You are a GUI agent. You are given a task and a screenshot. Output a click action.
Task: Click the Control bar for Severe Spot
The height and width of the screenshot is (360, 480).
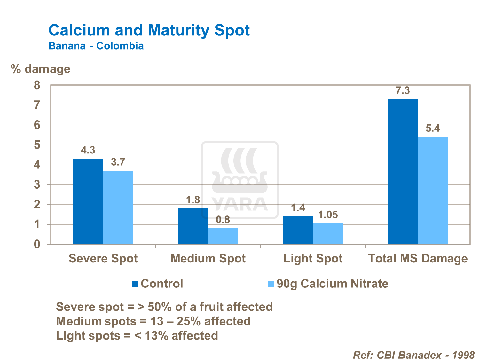point(88,201)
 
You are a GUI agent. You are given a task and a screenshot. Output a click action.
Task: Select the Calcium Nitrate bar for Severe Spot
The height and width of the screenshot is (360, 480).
point(118,207)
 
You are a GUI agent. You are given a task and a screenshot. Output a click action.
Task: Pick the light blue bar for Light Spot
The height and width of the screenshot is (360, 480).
point(328,234)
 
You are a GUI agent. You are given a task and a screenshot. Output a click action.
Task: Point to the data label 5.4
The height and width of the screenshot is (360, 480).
point(433,129)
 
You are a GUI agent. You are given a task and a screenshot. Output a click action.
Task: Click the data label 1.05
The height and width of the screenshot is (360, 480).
point(328,215)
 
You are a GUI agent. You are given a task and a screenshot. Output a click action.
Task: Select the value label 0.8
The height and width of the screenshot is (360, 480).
point(223,220)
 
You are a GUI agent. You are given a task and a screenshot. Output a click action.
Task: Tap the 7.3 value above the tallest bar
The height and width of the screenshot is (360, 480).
point(403,91)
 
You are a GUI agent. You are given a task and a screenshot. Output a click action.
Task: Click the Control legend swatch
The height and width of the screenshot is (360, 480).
point(135,284)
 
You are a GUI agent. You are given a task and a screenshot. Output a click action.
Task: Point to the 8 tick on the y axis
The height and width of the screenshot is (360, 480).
point(37,85)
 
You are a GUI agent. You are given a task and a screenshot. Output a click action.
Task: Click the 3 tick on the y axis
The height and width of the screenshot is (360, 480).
point(37,185)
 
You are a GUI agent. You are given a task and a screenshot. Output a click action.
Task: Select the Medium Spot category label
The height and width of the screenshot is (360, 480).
point(208,258)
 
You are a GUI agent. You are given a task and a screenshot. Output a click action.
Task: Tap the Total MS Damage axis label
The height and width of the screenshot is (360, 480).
point(418,258)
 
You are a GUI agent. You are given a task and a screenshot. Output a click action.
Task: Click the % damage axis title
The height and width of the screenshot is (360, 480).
point(41,69)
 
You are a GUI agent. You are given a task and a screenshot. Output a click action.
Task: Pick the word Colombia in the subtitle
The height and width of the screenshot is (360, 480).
point(120,46)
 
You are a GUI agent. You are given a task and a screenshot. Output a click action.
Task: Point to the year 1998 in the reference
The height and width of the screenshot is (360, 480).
point(464,355)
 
